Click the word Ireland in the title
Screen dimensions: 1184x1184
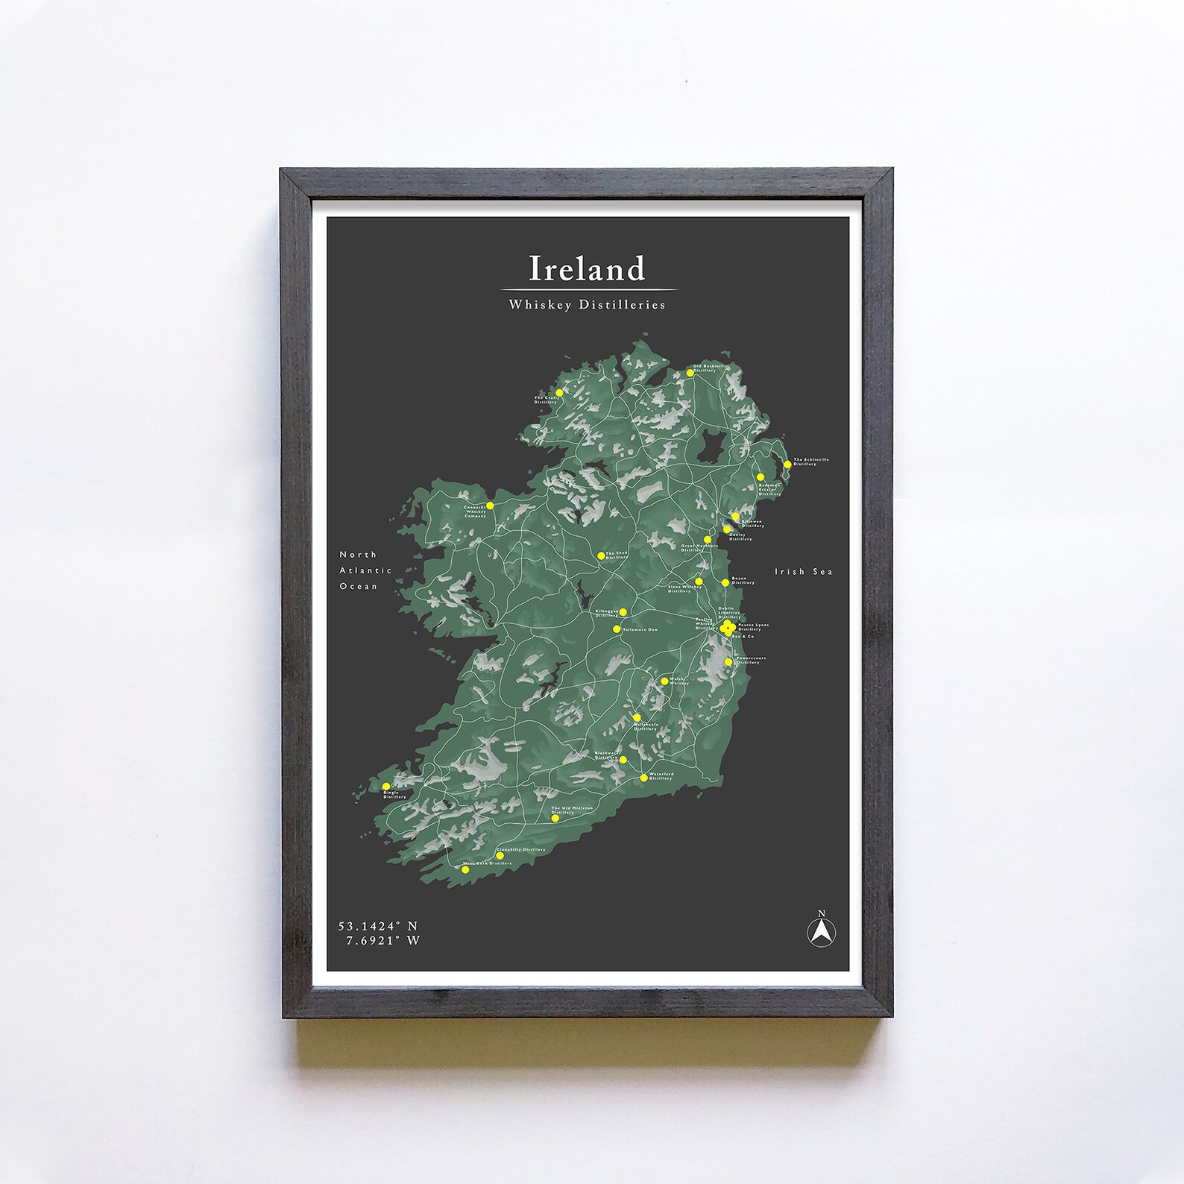[587, 268]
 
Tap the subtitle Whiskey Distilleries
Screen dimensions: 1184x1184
[587, 304]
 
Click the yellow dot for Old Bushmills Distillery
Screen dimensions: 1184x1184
[690, 373]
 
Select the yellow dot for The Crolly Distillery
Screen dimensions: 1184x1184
[559, 392]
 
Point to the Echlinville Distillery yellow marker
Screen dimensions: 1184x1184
[787, 465]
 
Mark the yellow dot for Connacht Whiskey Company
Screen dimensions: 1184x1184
[490, 506]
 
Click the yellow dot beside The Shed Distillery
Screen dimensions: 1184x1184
[601, 555]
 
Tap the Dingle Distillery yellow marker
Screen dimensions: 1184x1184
[385, 786]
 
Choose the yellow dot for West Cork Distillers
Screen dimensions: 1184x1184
[465, 869]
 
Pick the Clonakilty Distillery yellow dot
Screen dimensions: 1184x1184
[500, 856]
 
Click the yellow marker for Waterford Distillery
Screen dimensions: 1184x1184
[643, 778]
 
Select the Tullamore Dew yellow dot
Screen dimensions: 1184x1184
[617, 629]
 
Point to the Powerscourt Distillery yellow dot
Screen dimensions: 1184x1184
[728, 661]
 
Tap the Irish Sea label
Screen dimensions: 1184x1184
[803, 571]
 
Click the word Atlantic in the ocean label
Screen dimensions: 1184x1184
[365, 570]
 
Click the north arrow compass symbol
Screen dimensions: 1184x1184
[822, 931]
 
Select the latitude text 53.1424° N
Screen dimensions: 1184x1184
[378, 926]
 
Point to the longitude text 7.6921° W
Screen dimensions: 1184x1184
[382, 941]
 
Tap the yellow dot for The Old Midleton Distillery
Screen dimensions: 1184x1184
[555, 818]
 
